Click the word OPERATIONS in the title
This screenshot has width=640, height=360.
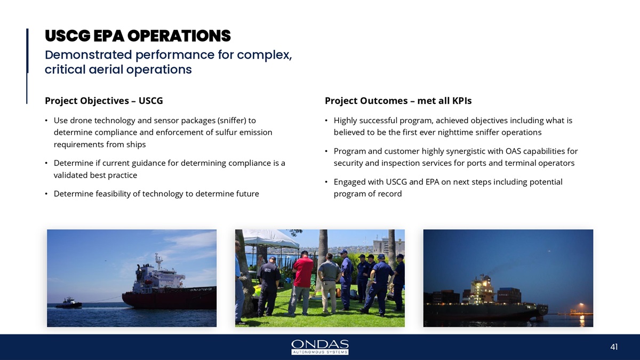tap(179, 36)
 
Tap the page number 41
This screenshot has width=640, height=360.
tap(614, 347)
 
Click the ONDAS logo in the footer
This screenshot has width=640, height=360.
tap(319, 347)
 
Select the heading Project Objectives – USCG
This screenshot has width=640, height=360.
tap(103, 101)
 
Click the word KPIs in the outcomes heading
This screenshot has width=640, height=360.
tap(462, 101)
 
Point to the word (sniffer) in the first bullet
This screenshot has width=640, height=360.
tap(231, 121)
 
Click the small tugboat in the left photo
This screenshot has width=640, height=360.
tap(69, 303)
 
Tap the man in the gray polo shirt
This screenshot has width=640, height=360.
tap(329, 283)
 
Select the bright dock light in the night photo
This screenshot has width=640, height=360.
tap(581, 305)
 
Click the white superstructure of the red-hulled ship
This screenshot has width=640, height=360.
tap(158, 274)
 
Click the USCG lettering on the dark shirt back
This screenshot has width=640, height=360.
tap(267, 270)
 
